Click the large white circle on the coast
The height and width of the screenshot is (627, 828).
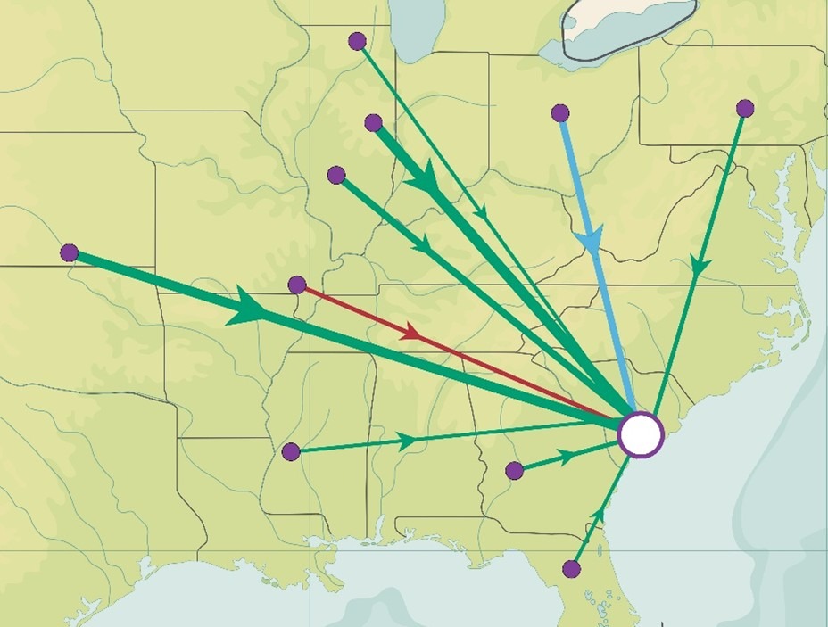[641, 434]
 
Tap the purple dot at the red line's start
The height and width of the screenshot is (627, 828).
[298, 285]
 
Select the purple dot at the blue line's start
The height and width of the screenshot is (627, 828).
[560, 113]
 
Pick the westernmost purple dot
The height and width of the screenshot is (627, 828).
[69, 252]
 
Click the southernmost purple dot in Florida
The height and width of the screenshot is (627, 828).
[572, 569]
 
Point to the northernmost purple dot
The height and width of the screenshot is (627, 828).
[357, 40]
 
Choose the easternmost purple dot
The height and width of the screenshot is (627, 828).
[745, 109]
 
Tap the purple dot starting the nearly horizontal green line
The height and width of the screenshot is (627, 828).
[290, 451]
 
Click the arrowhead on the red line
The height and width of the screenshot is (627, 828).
[411, 333]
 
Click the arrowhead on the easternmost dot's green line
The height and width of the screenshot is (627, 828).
[700, 266]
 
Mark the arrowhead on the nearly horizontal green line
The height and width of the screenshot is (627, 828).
[406, 440]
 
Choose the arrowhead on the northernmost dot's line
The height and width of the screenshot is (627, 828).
[481, 212]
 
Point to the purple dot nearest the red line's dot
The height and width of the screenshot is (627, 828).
[336, 175]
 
